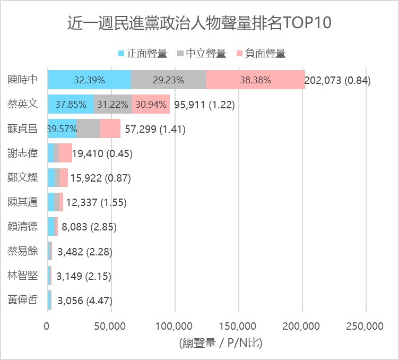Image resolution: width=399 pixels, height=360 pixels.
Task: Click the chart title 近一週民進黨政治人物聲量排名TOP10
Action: point(199,23)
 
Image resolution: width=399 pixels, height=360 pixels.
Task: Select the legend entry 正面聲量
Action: point(142,53)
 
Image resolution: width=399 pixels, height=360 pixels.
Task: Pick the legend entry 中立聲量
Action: point(201,53)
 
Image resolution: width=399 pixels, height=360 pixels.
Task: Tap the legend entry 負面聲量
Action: point(261,53)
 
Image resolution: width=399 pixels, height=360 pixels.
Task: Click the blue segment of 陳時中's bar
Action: point(89,80)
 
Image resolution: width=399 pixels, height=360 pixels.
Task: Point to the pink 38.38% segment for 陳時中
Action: point(255,80)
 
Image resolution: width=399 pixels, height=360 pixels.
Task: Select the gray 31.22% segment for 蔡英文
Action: point(112,104)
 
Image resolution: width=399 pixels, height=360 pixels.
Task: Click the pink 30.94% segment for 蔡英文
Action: point(151,104)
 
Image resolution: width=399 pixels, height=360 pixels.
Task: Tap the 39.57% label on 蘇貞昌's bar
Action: point(63,128)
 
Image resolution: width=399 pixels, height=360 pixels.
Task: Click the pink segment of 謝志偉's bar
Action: point(65,153)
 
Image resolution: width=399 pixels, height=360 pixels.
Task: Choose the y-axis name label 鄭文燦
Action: point(23,177)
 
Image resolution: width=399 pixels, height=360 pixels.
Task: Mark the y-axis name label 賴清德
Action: point(23,226)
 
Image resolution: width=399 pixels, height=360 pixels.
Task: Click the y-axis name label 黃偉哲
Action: point(23,299)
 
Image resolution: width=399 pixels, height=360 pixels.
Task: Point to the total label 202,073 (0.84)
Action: point(337,81)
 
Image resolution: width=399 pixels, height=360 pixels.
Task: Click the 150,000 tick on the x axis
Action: point(239,325)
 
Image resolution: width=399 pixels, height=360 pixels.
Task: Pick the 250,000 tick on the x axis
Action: point(366,325)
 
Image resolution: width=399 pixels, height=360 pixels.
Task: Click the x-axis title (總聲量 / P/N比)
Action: point(221,343)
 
